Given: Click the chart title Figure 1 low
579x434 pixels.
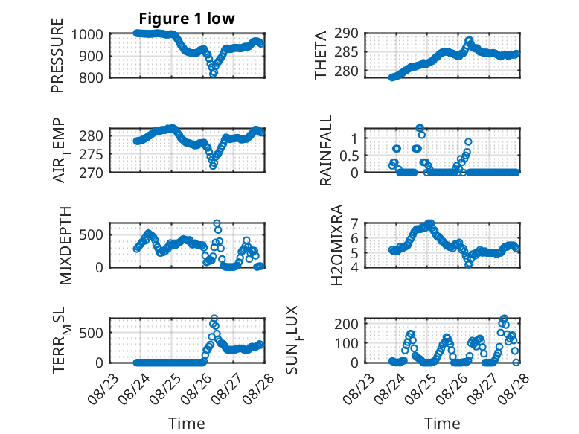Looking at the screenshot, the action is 187,19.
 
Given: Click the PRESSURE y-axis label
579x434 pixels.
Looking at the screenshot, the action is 57,55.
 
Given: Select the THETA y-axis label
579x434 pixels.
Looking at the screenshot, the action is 321,55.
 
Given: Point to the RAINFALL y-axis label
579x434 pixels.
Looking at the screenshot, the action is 326,150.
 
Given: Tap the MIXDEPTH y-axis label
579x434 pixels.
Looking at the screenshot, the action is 65,245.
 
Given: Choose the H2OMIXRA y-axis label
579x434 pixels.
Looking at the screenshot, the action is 337,245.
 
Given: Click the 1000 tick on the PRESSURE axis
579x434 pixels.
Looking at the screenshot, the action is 87,35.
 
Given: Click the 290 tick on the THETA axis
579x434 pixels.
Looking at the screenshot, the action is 346,33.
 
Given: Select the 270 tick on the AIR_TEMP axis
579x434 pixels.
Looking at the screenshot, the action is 91,173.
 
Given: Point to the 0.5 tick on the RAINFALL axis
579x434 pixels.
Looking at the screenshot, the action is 349,156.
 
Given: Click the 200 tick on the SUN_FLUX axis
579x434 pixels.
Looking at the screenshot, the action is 346,324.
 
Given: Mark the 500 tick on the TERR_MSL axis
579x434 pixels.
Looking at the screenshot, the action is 91,333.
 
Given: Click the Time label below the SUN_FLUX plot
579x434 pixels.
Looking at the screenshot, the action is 442,423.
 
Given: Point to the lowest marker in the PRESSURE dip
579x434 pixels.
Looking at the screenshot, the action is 213,74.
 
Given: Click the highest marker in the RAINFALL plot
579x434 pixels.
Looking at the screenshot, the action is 420,128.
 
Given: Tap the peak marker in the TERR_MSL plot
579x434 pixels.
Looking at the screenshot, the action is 214,318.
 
